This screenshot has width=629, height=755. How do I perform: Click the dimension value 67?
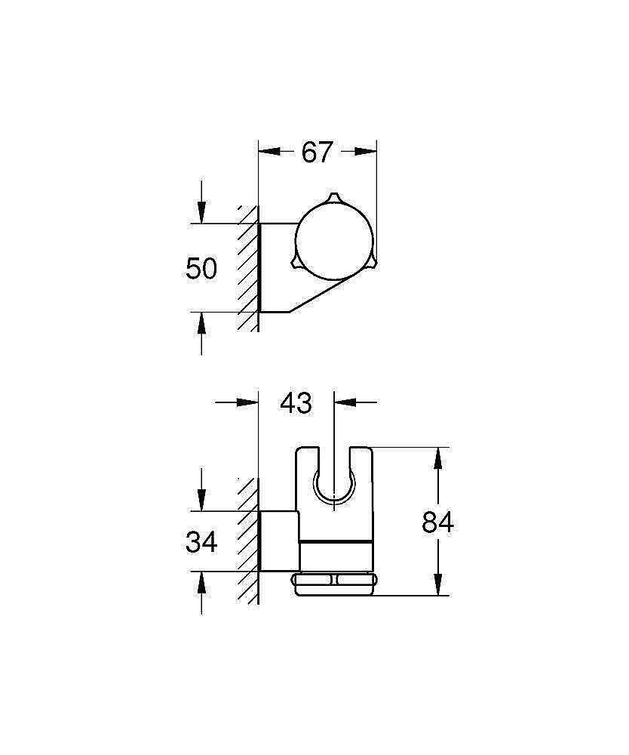tap(317, 152)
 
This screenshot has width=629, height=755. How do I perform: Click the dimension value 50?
tap(201, 268)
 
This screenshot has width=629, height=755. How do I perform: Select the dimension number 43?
tap(296, 402)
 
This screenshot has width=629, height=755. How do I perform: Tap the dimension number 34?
tap(201, 541)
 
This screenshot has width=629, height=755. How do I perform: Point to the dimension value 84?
tap(437, 522)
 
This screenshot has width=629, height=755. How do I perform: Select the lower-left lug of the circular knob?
tap(296, 263)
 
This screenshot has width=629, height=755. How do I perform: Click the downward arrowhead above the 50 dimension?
tap(201, 214)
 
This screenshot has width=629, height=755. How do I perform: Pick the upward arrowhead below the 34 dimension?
tap(201, 581)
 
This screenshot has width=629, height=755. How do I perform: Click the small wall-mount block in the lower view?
tap(279, 541)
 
